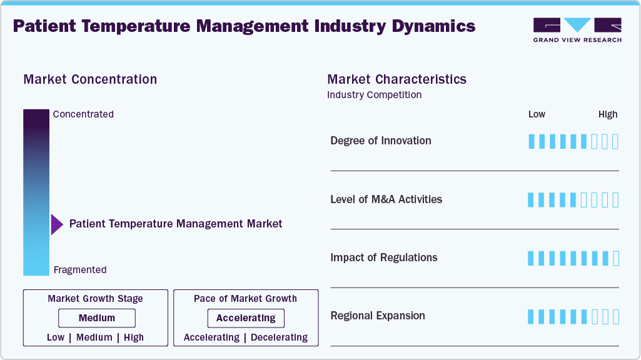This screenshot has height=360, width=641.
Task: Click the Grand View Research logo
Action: [x=577, y=29]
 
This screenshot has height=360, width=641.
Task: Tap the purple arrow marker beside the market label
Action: [x=57, y=224]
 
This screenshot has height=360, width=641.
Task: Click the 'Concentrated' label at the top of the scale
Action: [x=83, y=114]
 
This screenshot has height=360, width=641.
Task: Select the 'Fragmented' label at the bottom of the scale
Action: [x=80, y=270]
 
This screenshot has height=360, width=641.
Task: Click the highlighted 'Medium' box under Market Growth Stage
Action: [x=96, y=318]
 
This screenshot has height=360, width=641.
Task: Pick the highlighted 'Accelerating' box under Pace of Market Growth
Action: [x=246, y=318]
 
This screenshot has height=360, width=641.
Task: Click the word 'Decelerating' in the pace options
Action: [x=278, y=337]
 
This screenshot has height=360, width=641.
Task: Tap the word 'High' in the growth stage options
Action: [x=133, y=337]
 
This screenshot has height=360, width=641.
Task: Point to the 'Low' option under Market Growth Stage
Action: [x=56, y=337]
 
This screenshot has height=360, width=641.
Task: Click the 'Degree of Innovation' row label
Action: [x=381, y=141]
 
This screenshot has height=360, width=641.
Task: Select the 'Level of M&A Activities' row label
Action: [x=386, y=199]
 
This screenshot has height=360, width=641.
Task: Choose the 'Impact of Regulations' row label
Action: [x=384, y=257]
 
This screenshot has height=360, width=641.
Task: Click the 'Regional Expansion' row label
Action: [x=378, y=316]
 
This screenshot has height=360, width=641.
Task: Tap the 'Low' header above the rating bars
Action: [x=537, y=114]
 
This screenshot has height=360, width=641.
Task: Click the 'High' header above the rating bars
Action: [x=608, y=114]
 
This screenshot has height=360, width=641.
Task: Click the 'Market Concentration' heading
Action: [x=90, y=79]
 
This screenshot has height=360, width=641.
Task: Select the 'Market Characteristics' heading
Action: [x=396, y=79]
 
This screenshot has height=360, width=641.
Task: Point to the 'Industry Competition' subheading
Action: [x=374, y=95]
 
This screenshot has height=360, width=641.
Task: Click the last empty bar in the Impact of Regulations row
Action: [x=616, y=258]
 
